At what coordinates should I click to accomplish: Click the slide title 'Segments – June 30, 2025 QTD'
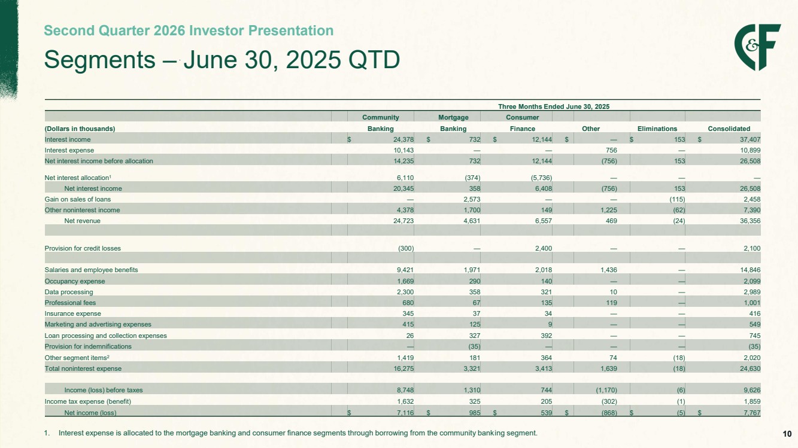coord(222,60)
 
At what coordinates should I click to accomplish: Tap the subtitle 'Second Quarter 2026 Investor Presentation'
coord(189,31)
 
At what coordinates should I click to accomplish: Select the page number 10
coord(787,434)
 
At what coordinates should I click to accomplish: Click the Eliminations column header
coord(657,129)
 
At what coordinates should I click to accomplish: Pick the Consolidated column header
coord(729,129)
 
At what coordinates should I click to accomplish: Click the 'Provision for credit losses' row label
coord(83,248)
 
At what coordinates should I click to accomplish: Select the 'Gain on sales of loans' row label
coord(78,199)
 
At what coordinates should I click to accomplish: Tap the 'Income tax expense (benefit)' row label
coord(87,401)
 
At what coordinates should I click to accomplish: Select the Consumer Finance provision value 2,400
coord(544,248)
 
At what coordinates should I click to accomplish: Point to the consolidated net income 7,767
coord(752,413)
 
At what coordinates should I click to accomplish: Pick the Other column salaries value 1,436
coord(608,270)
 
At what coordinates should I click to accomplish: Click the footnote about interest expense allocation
coord(291,433)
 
